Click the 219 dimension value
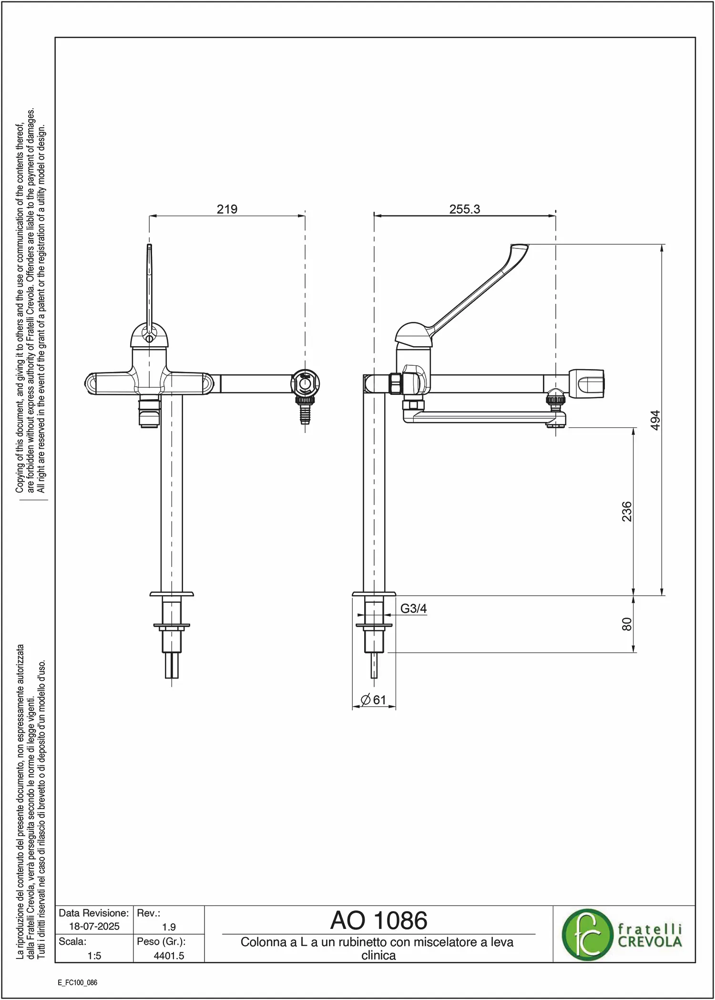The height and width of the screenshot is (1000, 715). (227, 209)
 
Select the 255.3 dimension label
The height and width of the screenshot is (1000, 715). (465, 209)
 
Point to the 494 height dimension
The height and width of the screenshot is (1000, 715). (655, 420)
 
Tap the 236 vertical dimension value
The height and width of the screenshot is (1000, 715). (626, 511)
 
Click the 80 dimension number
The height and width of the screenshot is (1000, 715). (626, 624)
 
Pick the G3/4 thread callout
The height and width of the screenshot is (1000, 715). (413, 608)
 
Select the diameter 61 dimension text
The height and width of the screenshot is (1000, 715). (373, 700)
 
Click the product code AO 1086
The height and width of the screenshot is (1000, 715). (379, 920)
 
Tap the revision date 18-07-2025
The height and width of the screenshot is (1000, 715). (94, 926)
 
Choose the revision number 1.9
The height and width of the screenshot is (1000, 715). (169, 927)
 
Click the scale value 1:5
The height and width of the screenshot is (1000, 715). (94, 956)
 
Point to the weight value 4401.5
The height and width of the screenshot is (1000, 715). (169, 956)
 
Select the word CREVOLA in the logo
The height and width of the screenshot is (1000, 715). (650, 942)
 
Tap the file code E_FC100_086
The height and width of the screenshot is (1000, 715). (78, 982)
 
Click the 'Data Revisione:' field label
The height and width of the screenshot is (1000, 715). (94, 913)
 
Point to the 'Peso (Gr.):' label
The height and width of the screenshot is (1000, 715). (161, 941)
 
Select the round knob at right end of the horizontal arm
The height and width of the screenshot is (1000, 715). (587, 383)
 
